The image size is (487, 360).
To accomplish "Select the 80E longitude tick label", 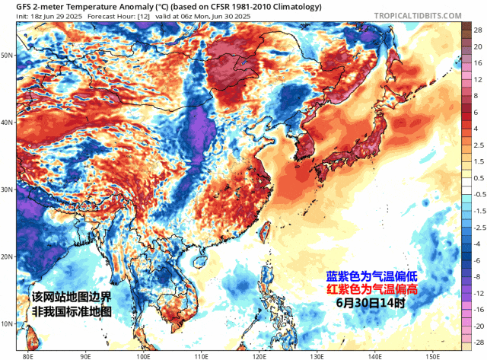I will click(x=28, y=355).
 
